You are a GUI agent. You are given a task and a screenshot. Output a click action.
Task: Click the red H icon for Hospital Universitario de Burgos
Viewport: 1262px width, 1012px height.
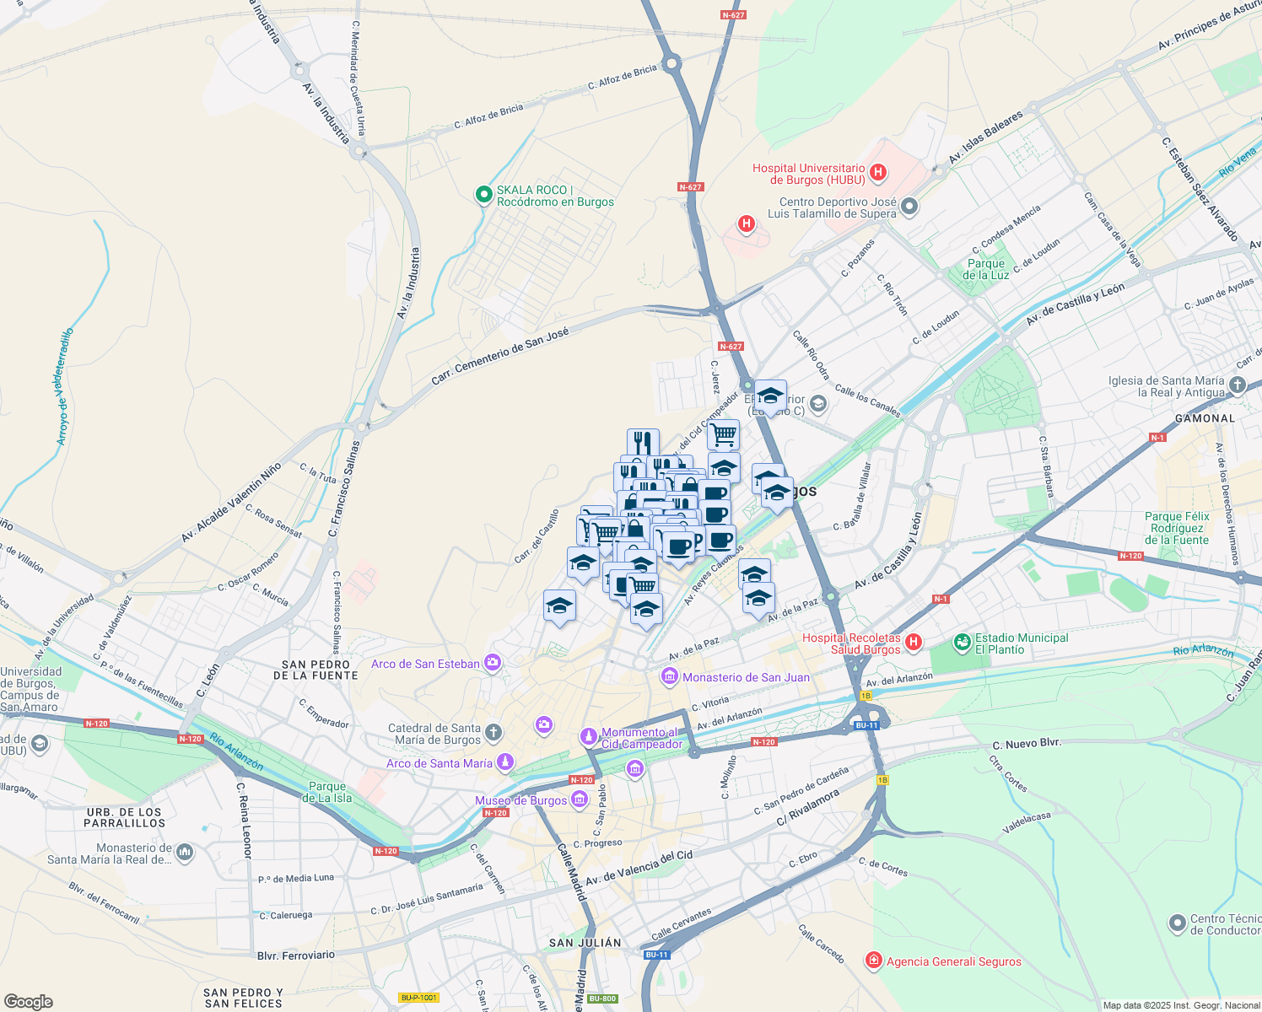point(878,173)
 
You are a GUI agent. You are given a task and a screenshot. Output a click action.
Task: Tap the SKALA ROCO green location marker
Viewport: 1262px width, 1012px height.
point(483,196)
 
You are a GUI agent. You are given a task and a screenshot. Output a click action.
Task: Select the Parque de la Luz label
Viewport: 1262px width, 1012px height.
point(985,269)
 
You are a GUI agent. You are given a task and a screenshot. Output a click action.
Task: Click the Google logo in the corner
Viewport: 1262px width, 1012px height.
point(28,1002)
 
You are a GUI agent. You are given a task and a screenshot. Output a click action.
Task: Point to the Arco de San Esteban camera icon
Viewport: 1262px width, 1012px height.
point(493,663)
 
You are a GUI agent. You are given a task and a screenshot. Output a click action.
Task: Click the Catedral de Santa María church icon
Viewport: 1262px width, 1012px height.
point(493,732)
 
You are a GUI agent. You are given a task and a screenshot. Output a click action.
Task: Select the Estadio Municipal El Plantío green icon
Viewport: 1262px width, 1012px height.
point(962,643)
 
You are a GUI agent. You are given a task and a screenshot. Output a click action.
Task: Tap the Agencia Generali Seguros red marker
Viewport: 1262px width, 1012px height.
point(874,961)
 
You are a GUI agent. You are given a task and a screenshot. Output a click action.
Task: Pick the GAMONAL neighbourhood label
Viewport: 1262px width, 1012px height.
point(1205,418)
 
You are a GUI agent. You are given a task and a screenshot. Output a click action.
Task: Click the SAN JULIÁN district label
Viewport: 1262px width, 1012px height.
point(585,943)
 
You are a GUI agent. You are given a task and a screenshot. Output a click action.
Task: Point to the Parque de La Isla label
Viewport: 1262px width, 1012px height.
point(327,792)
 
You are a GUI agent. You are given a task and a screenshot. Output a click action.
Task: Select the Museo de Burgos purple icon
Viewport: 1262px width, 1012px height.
point(579,799)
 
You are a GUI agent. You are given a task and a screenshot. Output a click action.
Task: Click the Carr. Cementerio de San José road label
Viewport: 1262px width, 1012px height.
point(499,357)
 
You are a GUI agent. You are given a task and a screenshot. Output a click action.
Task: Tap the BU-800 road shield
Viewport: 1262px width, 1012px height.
point(602,999)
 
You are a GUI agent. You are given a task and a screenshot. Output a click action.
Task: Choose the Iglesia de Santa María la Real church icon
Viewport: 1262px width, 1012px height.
point(1238,385)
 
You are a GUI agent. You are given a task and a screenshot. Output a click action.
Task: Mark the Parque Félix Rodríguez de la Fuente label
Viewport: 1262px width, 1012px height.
point(1177,528)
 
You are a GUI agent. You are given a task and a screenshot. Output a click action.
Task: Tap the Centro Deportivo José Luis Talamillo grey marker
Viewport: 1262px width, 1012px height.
point(909,206)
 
